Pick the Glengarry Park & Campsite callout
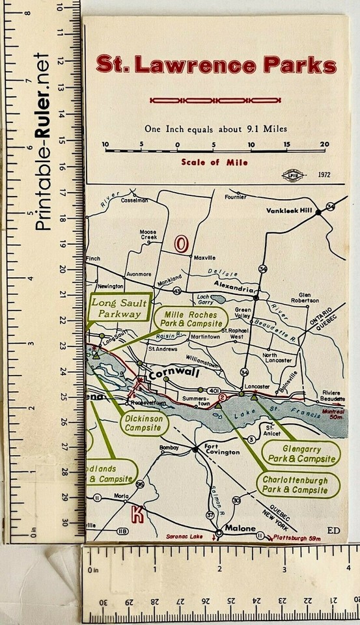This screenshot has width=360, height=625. pyautogui.click(x=301, y=454)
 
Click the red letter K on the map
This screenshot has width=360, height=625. pyautogui.click(x=137, y=512)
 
